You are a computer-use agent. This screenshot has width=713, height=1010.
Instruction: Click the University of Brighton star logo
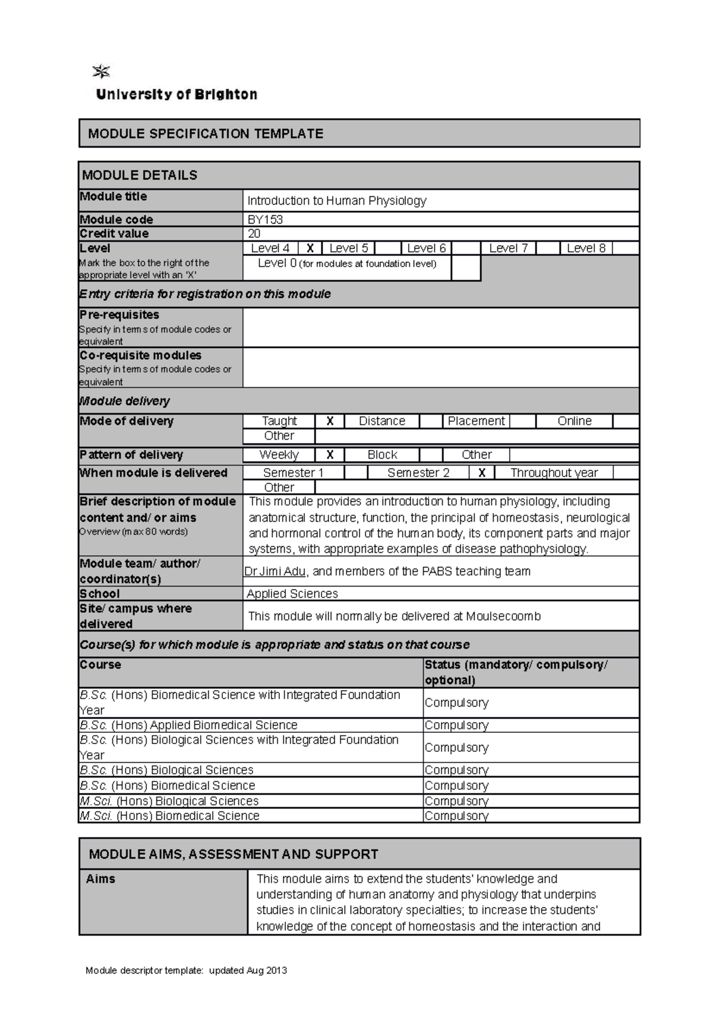coord(102,72)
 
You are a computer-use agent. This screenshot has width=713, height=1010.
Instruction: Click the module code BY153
coord(265,219)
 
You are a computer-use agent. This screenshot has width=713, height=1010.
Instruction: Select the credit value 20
coord(254,234)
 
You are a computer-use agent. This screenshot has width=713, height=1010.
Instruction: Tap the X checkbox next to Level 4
coord(310,249)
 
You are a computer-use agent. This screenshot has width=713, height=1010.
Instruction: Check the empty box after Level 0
coord(466,268)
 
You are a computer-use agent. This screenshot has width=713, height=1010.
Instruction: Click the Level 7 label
coord(508,249)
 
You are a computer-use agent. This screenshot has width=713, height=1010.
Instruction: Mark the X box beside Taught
coord(330,421)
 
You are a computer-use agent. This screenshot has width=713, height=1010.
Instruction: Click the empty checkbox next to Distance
coord(431,421)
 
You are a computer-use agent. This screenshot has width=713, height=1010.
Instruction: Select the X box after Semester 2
coord(482,473)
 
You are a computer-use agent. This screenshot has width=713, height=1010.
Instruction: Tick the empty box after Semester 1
coord(355,473)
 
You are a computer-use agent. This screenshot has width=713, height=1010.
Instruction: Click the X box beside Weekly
coord(330,455)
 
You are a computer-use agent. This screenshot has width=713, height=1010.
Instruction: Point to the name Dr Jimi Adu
coord(275,572)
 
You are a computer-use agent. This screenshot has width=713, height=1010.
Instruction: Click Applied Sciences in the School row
coord(292,594)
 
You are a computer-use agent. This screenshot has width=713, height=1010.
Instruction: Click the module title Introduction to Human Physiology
coord(337,201)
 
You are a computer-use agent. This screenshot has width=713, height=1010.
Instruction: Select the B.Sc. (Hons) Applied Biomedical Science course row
coord(188,725)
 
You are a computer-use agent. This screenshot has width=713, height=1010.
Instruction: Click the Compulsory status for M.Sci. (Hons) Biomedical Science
coord(456,816)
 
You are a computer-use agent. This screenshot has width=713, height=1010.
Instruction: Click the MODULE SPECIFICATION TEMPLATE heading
coord(206,134)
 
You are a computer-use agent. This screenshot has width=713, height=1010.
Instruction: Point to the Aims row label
coord(100,879)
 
